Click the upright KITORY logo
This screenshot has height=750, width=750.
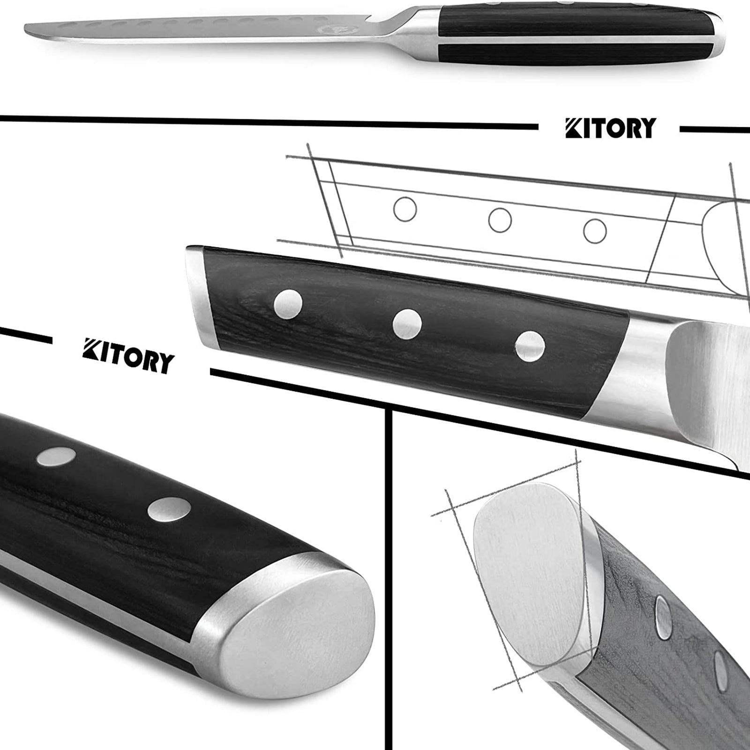pyautogui.click(x=610, y=128)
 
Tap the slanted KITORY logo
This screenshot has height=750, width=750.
pyautogui.click(x=128, y=356)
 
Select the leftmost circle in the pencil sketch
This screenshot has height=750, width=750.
pyautogui.click(x=405, y=209)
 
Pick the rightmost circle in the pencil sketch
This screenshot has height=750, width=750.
pyautogui.click(x=595, y=231)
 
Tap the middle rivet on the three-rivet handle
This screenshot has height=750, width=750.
pyautogui.click(x=407, y=324)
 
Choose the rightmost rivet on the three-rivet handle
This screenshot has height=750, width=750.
pyautogui.click(x=530, y=346)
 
